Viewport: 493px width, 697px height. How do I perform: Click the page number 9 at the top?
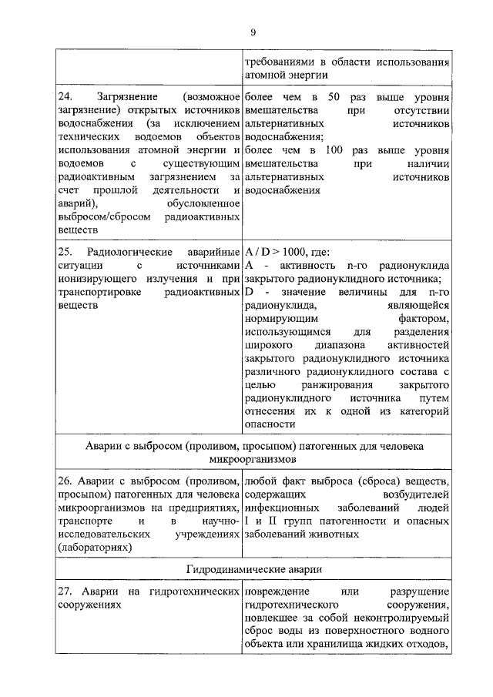tap(252, 31)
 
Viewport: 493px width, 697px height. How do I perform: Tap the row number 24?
tap(65, 98)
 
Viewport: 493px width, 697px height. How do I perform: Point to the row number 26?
tap(65, 482)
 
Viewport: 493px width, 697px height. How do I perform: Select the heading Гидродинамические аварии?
tap(253, 568)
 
